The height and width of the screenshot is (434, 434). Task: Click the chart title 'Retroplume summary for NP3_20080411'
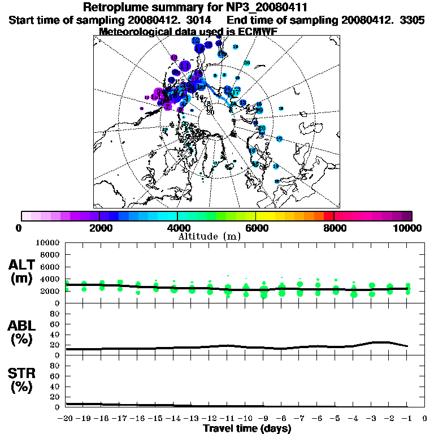click(x=195, y=8)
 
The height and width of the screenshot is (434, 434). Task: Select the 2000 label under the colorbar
click(x=99, y=228)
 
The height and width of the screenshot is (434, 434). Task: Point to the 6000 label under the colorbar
click(x=255, y=228)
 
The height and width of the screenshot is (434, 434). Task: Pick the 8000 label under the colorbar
click(x=334, y=228)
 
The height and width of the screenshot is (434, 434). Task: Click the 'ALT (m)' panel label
click(x=22, y=272)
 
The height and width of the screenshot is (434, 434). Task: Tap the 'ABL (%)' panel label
click(x=22, y=333)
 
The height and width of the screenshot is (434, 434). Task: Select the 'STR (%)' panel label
click(x=22, y=380)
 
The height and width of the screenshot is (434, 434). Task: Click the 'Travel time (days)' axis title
click(x=248, y=428)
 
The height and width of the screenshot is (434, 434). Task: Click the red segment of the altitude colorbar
click(x=329, y=216)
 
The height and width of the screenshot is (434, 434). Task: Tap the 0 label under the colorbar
click(x=20, y=228)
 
